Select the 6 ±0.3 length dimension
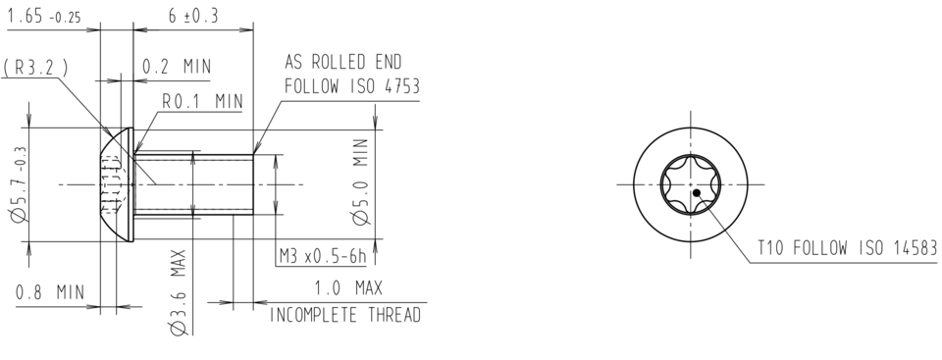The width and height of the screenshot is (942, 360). [192, 18]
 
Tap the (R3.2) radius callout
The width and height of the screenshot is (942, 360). [35, 68]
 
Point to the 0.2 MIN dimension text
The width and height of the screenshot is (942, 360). [178, 67]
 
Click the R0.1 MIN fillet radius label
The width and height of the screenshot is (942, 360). [202, 101]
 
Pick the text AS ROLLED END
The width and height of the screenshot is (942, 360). [342, 62]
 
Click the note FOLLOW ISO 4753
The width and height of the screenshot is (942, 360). [351, 86]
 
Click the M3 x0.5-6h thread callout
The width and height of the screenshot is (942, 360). [321, 256]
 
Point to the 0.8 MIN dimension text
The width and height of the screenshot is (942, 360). [49, 291]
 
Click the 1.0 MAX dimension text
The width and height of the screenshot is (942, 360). [347, 289]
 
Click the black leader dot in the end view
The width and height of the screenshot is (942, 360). [696, 193]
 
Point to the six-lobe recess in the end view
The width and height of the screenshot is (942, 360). [691, 183]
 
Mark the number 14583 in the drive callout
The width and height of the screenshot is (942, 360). [898, 248]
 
